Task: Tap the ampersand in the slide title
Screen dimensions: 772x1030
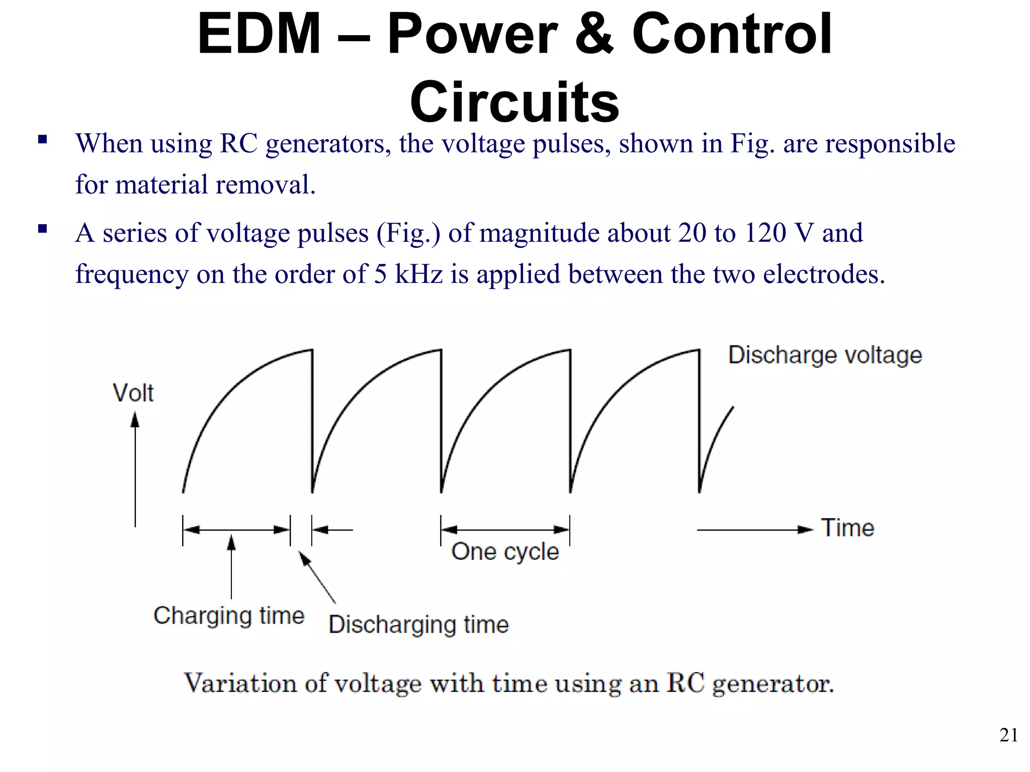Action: pos(593,34)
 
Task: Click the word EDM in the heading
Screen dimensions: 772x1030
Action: pos(259,34)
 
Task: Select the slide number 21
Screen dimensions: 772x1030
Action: pos(1008,735)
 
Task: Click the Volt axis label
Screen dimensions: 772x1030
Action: pos(133,393)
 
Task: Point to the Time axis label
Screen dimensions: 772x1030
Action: pos(847,528)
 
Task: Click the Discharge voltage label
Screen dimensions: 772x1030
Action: pos(825,355)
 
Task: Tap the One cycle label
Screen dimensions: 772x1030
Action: pos(505,552)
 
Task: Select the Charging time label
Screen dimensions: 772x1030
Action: pos(229,616)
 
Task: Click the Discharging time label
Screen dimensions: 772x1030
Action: pos(418,625)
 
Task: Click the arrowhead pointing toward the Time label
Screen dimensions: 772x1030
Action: pos(806,529)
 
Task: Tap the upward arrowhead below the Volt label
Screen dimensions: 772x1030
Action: pos(135,420)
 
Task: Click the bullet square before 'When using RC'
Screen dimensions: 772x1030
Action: pos(42,139)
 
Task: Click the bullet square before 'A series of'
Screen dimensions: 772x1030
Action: pos(42,230)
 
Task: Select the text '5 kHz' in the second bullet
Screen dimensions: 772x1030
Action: pos(408,274)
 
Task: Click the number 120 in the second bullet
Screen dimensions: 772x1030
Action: pos(764,233)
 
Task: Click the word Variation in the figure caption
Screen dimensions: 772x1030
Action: pos(239,684)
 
